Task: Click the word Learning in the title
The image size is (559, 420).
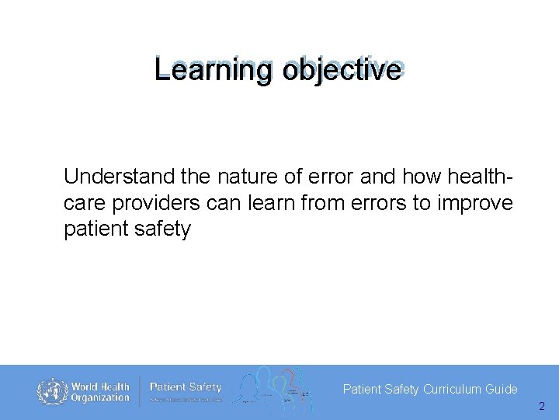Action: click(214, 70)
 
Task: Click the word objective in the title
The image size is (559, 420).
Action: click(342, 70)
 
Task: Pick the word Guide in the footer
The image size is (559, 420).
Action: click(502, 389)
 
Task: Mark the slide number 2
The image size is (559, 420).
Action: click(541, 406)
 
